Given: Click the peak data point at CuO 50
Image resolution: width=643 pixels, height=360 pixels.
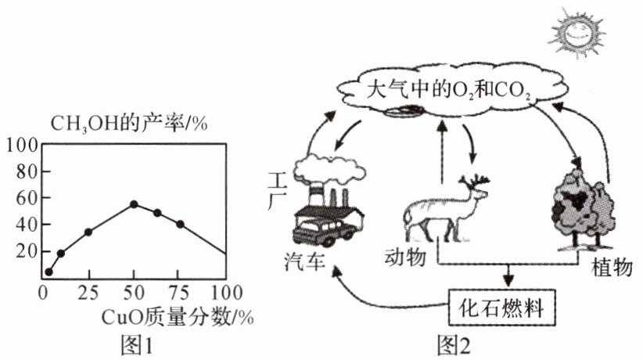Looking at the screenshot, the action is point(134,204).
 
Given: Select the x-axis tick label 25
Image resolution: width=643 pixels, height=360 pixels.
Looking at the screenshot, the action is point(88,295).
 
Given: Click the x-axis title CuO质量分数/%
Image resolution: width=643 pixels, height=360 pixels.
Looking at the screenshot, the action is point(178,317).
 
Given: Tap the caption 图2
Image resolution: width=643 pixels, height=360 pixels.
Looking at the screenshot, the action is point(454,343).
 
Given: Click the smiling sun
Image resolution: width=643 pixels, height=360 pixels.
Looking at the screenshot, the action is point(578,31).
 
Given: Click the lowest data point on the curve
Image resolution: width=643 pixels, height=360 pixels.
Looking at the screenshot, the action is point(48,272).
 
